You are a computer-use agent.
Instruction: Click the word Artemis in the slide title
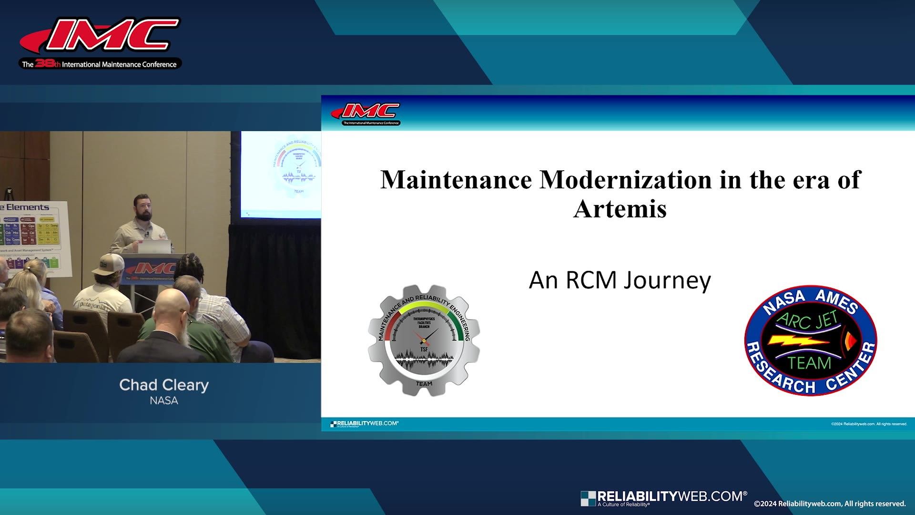click(620, 208)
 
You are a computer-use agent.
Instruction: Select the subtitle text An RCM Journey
click(620, 280)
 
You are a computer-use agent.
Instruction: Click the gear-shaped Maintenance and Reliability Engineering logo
click(424, 340)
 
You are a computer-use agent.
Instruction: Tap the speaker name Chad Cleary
click(163, 385)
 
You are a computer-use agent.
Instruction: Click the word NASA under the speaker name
click(163, 401)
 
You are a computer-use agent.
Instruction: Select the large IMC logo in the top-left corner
click(100, 43)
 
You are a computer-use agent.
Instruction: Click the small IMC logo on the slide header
click(366, 113)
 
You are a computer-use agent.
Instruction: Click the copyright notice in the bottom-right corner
click(829, 504)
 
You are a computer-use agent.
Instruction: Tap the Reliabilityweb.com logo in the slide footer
click(365, 423)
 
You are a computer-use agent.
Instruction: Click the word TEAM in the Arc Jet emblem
click(809, 363)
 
